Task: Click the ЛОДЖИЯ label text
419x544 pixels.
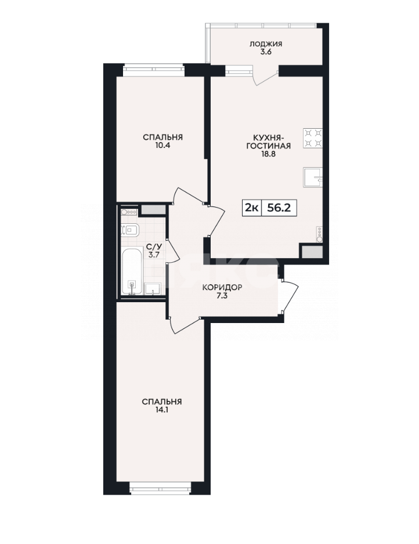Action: tap(266, 44)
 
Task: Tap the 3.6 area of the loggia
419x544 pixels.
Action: tap(266, 52)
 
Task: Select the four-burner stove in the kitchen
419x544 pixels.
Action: tap(313, 139)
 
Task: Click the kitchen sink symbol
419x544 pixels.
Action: tap(313, 177)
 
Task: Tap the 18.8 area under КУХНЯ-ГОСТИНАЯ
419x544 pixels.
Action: tap(268, 154)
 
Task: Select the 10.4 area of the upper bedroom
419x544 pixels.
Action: tap(163, 146)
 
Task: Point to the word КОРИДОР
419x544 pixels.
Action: tap(222, 288)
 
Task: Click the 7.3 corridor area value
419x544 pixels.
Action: tap(222, 296)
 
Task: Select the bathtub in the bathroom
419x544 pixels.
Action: tap(132, 271)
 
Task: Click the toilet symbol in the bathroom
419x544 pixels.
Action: tap(130, 230)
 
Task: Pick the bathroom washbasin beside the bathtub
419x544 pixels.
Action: tap(153, 289)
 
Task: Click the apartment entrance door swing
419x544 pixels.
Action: tap(290, 296)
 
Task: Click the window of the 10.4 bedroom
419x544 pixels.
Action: tap(154, 70)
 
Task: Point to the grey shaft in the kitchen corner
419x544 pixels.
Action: tap(312, 252)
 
